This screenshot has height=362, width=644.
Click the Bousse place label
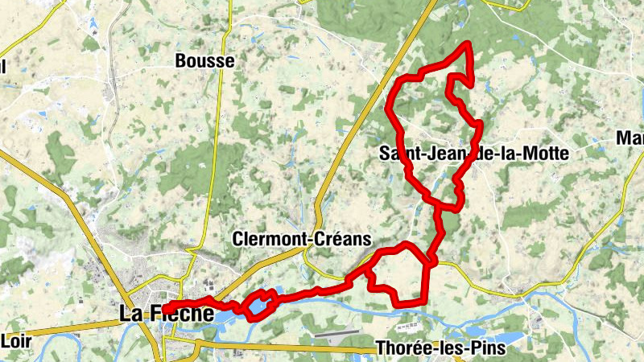(x=205, y=61)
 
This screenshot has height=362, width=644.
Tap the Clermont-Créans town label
(x=301, y=239)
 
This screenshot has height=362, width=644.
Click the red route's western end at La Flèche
(x=165, y=308)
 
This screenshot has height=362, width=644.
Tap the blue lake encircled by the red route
(x=258, y=306)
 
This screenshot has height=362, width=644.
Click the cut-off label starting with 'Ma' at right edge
(x=630, y=138)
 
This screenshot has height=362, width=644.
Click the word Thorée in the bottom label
(x=398, y=349)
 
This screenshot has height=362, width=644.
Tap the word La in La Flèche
(x=130, y=314)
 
